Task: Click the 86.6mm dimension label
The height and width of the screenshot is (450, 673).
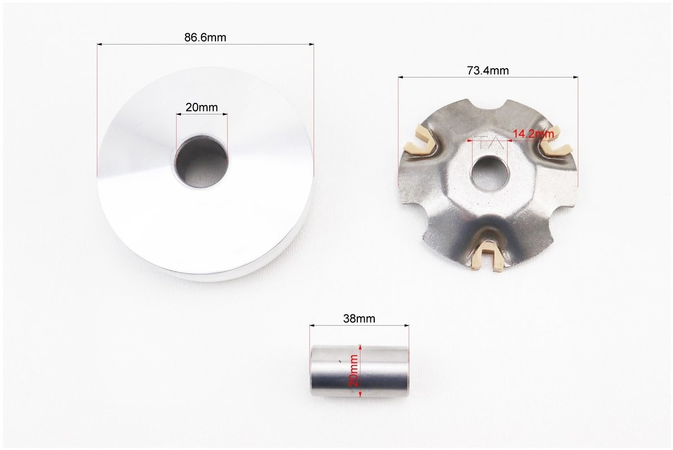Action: pos(205,37)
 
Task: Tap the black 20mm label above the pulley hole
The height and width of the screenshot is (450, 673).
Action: pos(201,107)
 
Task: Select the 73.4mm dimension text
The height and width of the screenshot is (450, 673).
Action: pos(487,70)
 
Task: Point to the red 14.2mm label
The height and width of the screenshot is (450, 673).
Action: pos(533,134)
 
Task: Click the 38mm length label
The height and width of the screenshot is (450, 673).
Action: pos(359,318)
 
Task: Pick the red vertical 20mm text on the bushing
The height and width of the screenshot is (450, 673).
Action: pos(354,371)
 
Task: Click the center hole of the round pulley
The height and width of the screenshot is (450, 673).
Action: pos(201,162)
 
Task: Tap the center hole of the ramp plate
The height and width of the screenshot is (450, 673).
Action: pos(490,173)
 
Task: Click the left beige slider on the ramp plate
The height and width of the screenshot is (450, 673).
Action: pos(419,141)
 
